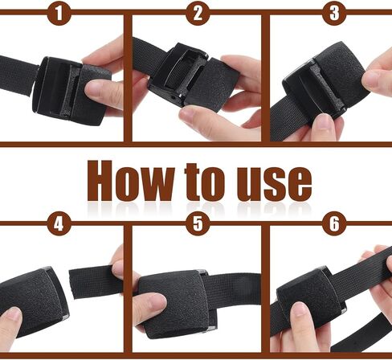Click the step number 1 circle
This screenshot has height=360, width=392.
click(59, 14)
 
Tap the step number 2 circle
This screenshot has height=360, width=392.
click(198, 14)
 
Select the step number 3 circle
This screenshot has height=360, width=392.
click(334, 14)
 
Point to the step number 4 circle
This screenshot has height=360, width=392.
click(59, 223)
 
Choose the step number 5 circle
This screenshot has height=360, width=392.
click(198, 223)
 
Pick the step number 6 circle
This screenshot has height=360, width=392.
click(334, 223)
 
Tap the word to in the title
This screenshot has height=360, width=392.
click(204, 182)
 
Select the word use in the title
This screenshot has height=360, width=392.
click(274, 184)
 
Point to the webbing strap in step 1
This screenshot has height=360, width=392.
click(18, 75)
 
